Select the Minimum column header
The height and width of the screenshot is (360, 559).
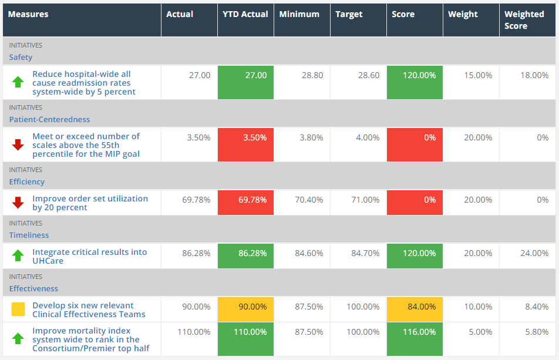(x=299, y=14)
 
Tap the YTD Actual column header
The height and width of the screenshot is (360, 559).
(x=245, y=14)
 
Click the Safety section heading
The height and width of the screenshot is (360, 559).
(x=21, y=58)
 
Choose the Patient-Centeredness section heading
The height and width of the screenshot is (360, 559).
(x=49, y=120)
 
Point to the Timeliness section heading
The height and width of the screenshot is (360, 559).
(x=29, y=235)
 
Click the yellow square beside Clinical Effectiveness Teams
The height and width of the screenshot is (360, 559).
(x=18, y=309)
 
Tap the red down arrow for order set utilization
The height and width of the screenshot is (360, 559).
(x=18, y=203)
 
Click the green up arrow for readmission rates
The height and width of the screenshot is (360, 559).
(x=18, y=82)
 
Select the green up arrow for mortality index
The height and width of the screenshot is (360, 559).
(x=18, y=338)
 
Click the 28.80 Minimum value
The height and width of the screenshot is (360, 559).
(x=312, y=76)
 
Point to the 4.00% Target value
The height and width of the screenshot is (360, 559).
(x=368, y=138)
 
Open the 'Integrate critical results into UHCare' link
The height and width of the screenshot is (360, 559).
(x=89, y=256)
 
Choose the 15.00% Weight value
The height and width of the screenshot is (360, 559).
(x=478, y=76)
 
